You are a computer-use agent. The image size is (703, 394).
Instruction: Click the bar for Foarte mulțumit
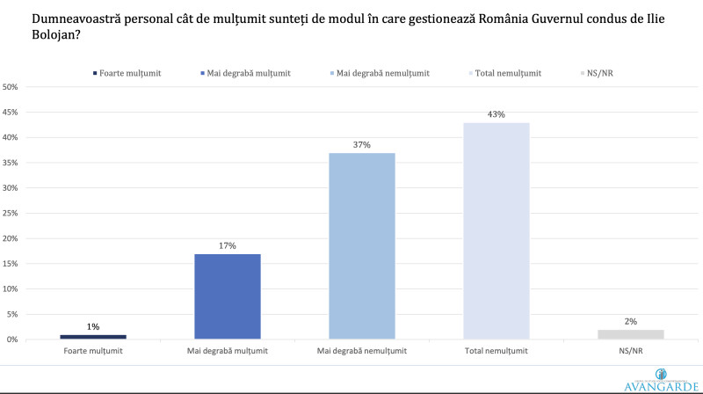coord(93,337)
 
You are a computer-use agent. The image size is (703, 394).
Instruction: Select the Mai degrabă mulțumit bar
coord(227,296)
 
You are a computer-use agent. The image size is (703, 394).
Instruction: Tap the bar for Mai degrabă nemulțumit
coord(361,246)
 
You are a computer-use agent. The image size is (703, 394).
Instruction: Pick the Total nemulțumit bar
coord(496,230)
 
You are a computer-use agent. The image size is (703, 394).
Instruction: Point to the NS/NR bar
coord(629,334)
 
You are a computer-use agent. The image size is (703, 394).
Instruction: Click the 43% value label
coord(496,115)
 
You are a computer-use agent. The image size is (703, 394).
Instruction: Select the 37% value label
coord(361,145)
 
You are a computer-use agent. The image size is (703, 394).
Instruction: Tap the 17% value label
coord(227,246)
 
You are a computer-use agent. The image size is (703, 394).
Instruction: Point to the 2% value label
coord(629,322)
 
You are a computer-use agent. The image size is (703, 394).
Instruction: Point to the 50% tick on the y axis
coord(11,87)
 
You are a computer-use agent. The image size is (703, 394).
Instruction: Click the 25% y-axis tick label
coord(11,214)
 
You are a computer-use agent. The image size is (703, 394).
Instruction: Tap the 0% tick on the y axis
coord(12,339)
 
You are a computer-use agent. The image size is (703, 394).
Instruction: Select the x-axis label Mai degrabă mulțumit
coord(227,351)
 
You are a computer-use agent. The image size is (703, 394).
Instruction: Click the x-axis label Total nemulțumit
coord(496,351)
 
